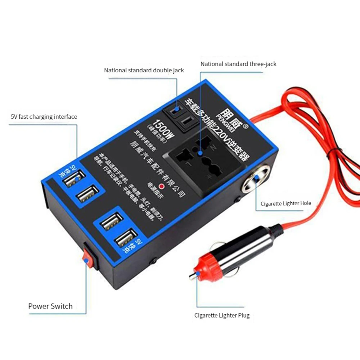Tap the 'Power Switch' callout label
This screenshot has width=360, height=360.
(x=50, y=306)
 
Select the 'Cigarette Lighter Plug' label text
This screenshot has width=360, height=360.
(x=222, y=315)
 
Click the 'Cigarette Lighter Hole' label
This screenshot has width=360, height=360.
(x=286, y=203)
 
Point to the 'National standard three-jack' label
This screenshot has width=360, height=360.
(x=238, y=64)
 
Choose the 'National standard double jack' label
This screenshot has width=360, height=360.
(x=144, y=70)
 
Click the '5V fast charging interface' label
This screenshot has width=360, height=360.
(x=44, y=117)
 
